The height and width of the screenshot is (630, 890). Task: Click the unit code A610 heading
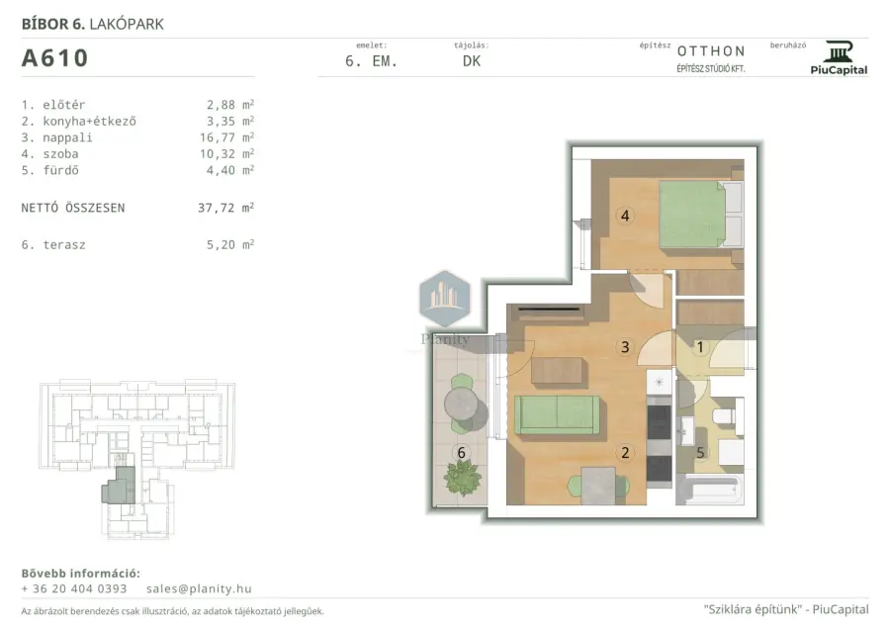tap(54, 58)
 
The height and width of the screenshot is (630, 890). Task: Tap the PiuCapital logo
tap(839, 58)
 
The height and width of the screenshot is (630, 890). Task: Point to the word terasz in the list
tap(64, 245)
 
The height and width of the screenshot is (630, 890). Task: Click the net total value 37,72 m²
tap(225, 208)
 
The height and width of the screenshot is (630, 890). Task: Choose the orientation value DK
tap(472, 61)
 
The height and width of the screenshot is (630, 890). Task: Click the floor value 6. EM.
tap(371, 61)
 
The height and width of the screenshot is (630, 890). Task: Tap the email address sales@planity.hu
tap(199, 588)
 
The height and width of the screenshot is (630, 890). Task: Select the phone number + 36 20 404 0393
tap(74, 588)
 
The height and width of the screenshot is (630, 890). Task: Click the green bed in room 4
tap(701, 215)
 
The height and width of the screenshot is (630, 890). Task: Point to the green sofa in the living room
tap(557, 415)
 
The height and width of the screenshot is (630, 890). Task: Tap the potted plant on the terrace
tap(463, 478)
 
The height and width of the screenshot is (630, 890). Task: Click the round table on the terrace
tap(462, 405)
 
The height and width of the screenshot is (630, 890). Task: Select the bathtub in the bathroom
tap(709, 490)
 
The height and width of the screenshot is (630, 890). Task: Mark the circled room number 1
tap(700, 347)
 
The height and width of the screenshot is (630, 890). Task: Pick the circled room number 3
tap(625, 347)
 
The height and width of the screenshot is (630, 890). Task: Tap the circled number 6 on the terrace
tap(461, 452)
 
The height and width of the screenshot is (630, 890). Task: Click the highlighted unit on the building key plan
tap(120, 486)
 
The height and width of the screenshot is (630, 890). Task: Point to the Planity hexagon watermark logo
tap(445, 299)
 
